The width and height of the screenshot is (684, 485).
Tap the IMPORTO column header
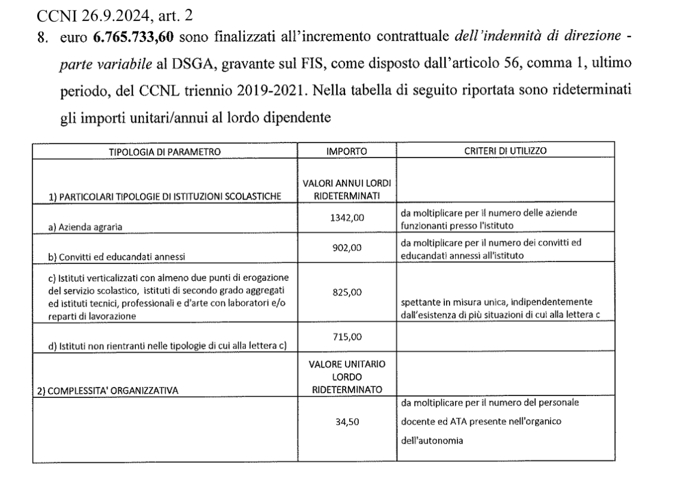(347, 152)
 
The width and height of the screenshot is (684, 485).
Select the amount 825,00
(347, 294)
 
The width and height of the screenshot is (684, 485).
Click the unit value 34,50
(347, 421)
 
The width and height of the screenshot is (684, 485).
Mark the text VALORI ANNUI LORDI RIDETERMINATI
(347, 191)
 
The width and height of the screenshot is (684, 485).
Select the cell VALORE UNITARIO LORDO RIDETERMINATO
(347, 376)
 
